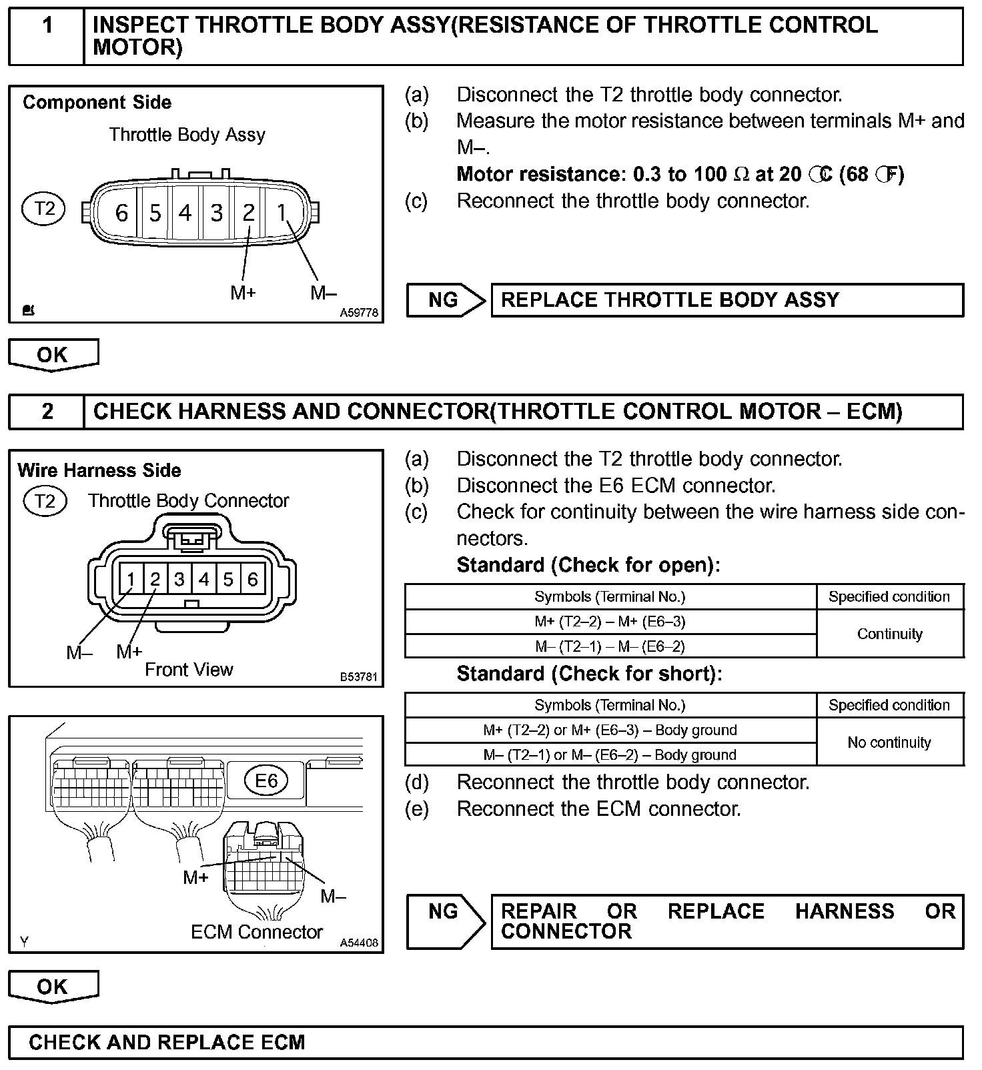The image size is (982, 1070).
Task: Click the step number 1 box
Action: click(x=47, y=36)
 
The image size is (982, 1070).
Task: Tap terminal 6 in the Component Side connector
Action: click(x=121, y=213)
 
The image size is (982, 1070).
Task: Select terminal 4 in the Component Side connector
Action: click(x=185, y=213)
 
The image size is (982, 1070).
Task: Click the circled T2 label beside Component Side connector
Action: click(x=44, y=209)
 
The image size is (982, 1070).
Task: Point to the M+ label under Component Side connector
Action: click(x=243, y=292)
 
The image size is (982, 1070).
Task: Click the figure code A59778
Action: click(x=359, y=312)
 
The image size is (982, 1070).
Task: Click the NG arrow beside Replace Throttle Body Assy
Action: click(x=445, y=300)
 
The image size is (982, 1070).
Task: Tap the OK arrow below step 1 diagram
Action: click(x=53, y=354)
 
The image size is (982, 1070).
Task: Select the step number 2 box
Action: click(x=47, y=412)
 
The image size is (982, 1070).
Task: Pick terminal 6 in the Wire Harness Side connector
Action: click(x=252, y=579)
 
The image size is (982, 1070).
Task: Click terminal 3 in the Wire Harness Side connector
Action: click(x=179, y=579)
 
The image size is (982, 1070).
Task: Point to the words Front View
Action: click(x=189, y=670)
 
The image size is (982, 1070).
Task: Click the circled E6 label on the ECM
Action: click(x=266, y=780)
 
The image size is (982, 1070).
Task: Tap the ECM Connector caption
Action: click(x=257, y=932)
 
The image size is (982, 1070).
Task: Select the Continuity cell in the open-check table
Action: click(x=889, y=634)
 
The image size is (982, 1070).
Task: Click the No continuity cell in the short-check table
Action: click(x=889, y=742)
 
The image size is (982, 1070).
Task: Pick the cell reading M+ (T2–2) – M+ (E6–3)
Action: click(x=610, y=622)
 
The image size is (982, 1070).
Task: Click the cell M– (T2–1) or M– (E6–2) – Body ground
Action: click(x=610, y=755)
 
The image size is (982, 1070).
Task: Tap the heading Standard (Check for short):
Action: click(x=589, y=674)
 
